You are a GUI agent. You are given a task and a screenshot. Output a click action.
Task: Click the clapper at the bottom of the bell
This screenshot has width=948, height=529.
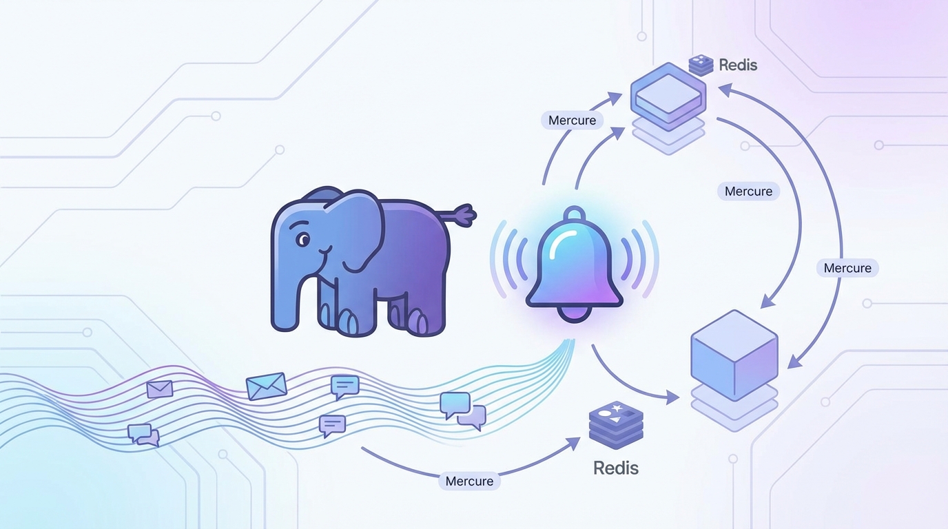[574, 314]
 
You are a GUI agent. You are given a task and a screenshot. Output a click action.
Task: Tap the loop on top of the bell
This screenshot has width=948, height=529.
[574, 215]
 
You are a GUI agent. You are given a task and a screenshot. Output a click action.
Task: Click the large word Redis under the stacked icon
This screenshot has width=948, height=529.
[615, 468]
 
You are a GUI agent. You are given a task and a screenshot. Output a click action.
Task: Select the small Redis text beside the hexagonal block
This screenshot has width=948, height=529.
[738, 65]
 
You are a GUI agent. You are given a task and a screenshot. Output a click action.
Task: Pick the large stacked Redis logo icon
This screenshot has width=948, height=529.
[616, 426]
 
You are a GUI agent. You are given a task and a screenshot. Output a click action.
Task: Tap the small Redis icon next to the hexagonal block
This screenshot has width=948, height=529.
[701, 65]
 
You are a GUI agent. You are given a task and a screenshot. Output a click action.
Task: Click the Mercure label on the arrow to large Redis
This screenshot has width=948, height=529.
[469, 481]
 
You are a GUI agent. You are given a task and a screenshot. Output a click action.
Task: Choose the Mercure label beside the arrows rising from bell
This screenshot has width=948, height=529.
[572, 121]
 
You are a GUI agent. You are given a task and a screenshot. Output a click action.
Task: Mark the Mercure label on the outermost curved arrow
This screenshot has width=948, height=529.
[847, 268]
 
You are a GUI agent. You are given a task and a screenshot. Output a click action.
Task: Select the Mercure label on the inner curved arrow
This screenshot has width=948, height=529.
[748, 191]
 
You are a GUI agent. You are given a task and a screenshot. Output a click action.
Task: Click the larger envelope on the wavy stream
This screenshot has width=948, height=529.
[266, 386]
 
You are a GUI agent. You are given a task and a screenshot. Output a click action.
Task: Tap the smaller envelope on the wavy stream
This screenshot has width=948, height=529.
[160, 389]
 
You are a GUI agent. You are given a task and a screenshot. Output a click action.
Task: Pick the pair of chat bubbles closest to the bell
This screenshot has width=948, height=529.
[462, 411]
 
